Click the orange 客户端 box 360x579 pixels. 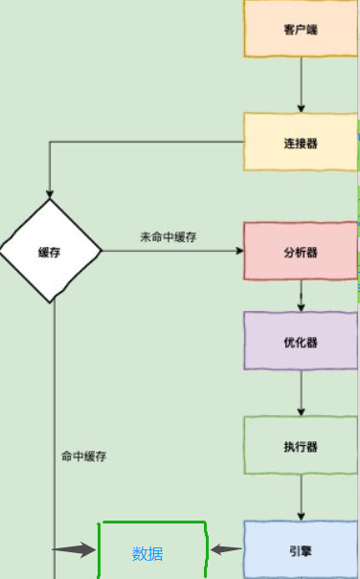pos(301,30)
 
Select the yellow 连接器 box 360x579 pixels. pos(301,143)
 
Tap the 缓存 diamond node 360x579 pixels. pos(51,252)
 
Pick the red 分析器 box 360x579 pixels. pos(301,252)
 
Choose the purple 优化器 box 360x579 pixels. pos(301,341)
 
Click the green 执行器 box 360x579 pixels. pos(301,445)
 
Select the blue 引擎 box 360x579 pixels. pos(301,548)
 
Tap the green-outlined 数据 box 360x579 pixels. pos(153,550)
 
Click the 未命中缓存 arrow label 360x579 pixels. pos(169,237)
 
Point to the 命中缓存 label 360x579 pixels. pos(84,457)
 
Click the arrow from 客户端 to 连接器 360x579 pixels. pos(301,84)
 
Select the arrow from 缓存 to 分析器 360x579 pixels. pos(172,252)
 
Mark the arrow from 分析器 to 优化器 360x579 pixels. pos(301,296)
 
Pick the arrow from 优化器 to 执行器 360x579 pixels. pos(301,393)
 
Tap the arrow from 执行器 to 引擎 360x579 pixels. pos(301,498)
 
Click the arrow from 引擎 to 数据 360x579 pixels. pos(226,549)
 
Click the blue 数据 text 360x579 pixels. pos(147,553)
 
